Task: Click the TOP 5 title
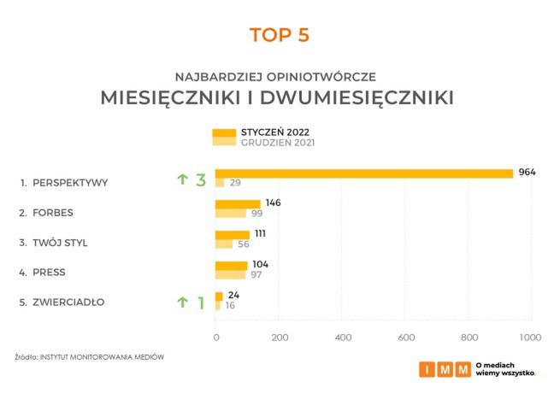279,35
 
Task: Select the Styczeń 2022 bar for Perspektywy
363,173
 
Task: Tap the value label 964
527,173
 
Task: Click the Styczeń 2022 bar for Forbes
238,203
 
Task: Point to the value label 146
273,203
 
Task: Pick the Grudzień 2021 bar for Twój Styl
224,244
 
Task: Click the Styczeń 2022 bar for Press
231,265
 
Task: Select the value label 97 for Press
259,274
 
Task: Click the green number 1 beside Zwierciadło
201,302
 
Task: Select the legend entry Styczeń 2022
275,132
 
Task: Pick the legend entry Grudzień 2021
278,143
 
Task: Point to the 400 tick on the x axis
342,337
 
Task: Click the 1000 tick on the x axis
530,337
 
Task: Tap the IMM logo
445,370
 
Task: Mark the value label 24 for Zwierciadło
233,295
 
